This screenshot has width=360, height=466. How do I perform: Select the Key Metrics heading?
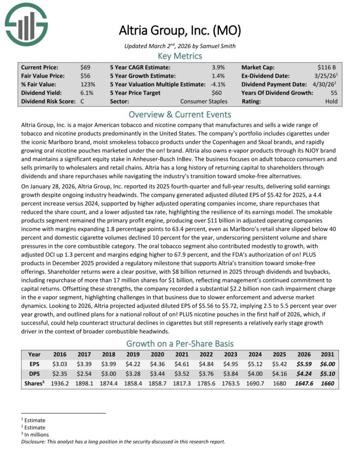click(179, 56)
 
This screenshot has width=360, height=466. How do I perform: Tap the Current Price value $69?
click(86, 67)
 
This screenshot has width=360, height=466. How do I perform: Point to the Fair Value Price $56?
click(86, 76)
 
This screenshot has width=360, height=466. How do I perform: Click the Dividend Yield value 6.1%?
click(87, 93)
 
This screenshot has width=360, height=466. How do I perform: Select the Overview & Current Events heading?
click(179, 114)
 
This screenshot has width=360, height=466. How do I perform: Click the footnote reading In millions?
click(34, 435)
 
